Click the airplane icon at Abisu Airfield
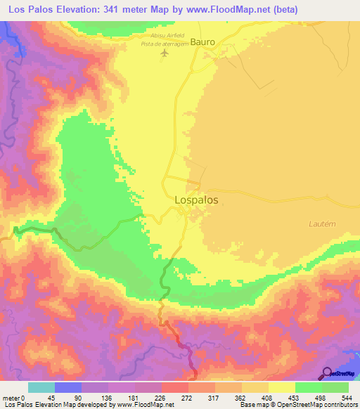coord(165,53)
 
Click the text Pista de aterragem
coord(166,44)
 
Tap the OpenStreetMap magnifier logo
coord(326,372)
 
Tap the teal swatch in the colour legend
coord(41,387)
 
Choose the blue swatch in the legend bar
coord(68,387)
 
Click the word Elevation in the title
coord(84,9)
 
